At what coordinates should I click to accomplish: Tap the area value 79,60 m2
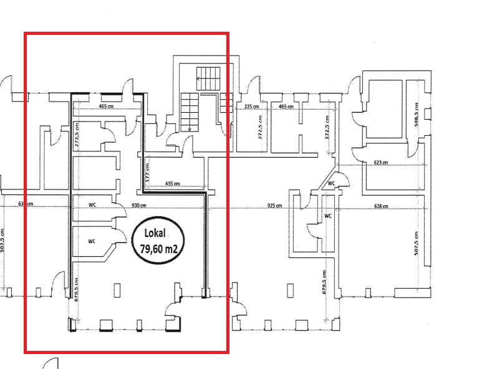(158, 250)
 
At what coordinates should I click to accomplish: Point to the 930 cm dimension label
(138, 206)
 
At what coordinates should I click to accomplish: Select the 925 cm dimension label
(274, 206)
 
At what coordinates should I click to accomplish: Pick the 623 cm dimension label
(381, 163)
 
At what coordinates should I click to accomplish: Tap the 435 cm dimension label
(173, 184)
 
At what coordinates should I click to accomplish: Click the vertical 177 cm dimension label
(147, 173)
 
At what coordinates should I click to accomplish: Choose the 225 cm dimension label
(252, 107)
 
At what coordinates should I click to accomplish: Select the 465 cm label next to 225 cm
(286, 107)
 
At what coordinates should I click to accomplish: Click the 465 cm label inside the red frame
(107, 107)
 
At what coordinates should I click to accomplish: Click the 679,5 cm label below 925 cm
(324, 282)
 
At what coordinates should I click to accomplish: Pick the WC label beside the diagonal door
(332, 183)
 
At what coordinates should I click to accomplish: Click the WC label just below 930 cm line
(92, 204)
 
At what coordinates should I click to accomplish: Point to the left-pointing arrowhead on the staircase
(198, 79)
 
